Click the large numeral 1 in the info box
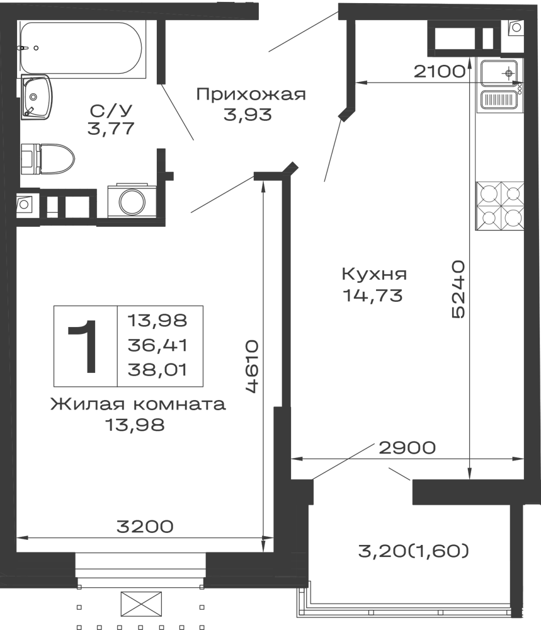pos(84,345)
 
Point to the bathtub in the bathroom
pos(80,49)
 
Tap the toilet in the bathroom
pos(52,159)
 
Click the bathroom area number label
pos(111,117)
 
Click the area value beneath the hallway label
pos(247,114)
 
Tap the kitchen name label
pos(375,275)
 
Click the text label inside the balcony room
pos(413,552)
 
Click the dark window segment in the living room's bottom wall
pos(145,526)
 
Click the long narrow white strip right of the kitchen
pos(495,340)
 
